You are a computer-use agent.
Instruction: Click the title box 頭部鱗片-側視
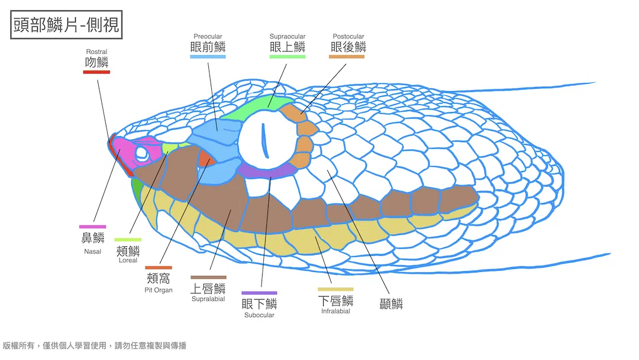tap(66, 24)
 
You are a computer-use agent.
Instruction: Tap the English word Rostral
tap(96, 52)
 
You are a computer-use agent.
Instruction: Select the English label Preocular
tap(208, 36)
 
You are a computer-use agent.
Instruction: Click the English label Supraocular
tap(288, 36)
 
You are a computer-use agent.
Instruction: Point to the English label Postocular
tap(348, 36)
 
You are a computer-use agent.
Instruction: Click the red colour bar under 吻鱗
tap(96, 72)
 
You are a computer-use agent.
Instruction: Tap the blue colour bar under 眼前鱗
tap(208, 57)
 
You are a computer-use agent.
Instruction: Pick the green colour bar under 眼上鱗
tap(288, 57)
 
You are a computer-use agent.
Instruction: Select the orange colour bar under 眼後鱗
tap(347, 57)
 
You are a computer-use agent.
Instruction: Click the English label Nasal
tap(92, 252)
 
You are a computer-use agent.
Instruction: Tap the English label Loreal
tap(128, 260)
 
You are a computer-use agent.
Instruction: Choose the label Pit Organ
tap(159, 290)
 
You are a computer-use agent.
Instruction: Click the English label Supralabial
tap(208, 299)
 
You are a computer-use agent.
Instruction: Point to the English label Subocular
tap(259, 315)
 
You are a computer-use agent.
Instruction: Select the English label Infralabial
tap(335, 311)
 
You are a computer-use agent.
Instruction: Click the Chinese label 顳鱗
tap(391, 304)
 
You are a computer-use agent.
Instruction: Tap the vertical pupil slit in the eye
tap(265, 141)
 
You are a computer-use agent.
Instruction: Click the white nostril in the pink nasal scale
tap(142, 154)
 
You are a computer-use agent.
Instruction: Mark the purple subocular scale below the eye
tap(266, 171)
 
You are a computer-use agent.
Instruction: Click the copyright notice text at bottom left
tap(95, 346)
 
